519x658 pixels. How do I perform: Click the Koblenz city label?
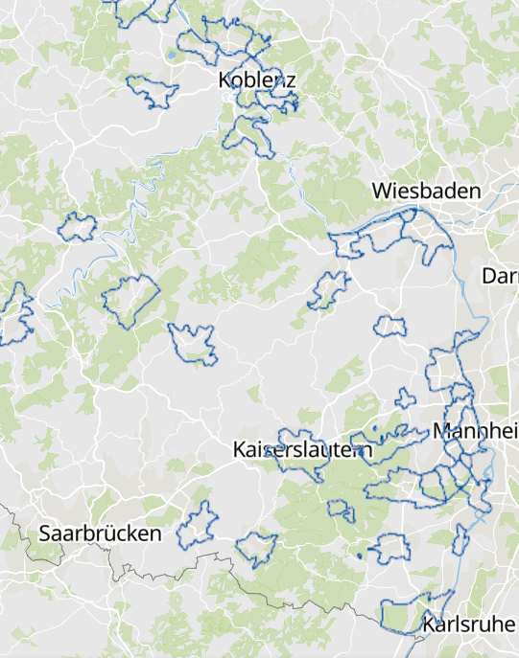(257, 80)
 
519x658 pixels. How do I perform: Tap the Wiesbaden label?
(427, 191)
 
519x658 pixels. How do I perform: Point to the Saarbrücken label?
(100, 533)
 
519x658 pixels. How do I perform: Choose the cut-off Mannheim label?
(476, 431)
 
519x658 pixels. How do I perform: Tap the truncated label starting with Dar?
(500, 277)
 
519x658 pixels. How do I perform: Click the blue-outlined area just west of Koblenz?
(153, 91)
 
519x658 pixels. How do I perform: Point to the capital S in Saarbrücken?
(45, 533)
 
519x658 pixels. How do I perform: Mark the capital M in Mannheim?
(442, 431)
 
